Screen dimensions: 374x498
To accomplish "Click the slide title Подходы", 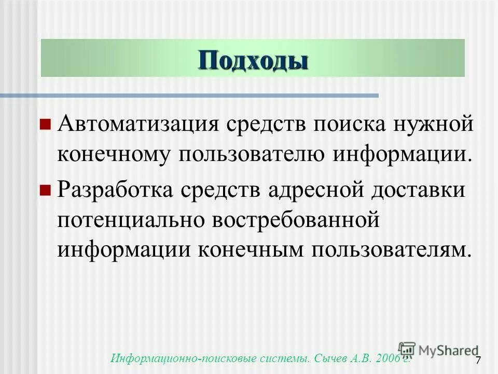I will (253, 60).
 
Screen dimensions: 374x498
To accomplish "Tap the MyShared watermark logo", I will (438, 350).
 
